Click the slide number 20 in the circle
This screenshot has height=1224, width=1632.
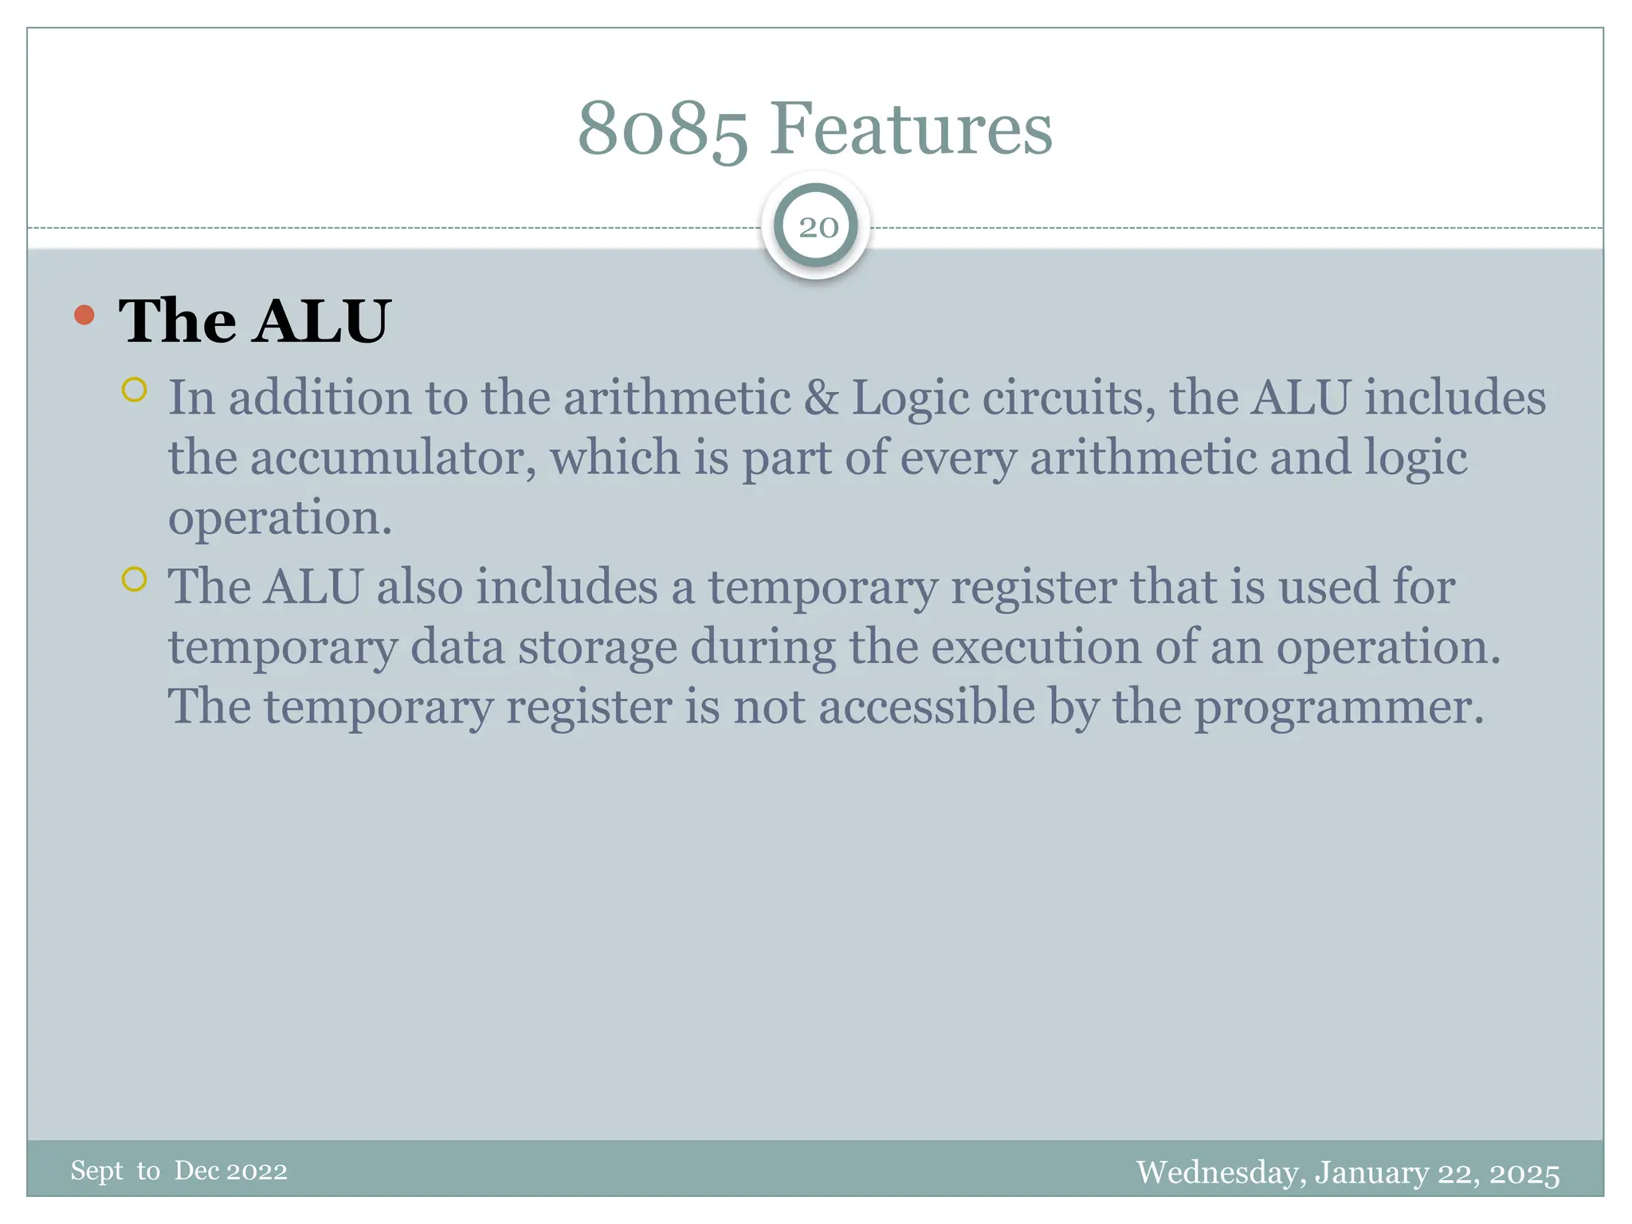(818, 228)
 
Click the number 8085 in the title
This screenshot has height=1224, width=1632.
(662, 129)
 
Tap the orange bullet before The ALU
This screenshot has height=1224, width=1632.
(84, 316)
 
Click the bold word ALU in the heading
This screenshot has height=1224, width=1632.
(322, 321)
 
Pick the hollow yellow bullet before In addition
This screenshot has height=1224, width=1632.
(134, 390)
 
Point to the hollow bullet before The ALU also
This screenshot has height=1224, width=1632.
(134, 579)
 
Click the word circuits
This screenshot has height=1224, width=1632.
(1069, 398)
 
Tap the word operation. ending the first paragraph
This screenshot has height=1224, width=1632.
(280, 519)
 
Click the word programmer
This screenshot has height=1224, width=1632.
(1339, 708)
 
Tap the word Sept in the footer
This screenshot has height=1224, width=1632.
(96, 1171)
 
